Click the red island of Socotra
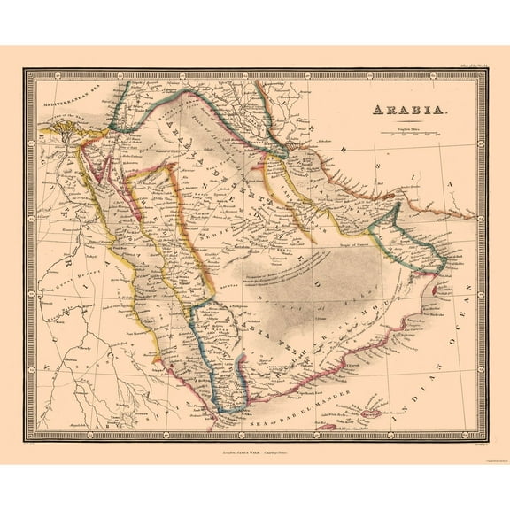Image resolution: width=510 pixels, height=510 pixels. click(371, 412)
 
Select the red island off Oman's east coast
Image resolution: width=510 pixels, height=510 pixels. click(442, 288)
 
